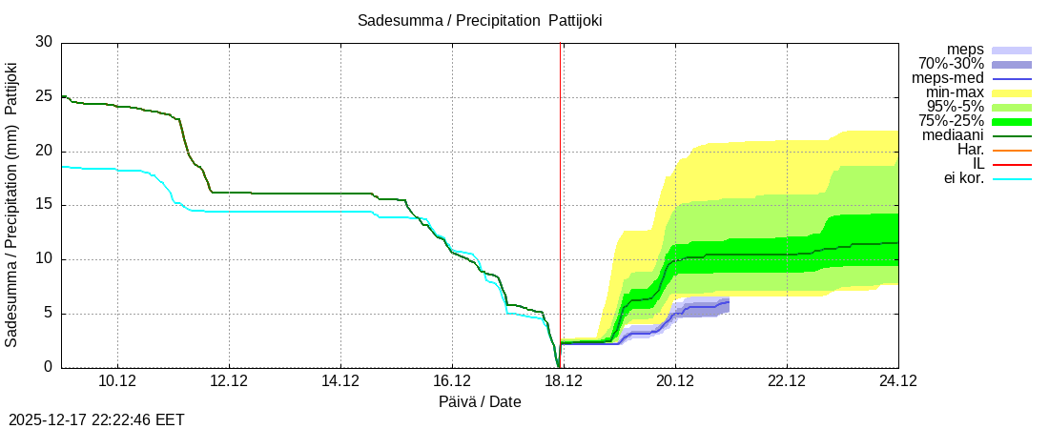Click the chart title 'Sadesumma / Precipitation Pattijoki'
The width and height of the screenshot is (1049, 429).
click(x=480, y=20)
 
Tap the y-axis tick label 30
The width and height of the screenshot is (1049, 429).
click(x=44, y=43)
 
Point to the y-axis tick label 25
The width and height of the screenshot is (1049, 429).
click(x=44, y=97)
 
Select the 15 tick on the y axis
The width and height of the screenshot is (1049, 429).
click(x=44, y=205)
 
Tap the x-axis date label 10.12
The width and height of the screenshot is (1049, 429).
click(x=117, y=381)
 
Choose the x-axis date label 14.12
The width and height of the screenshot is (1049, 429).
click(x=340, y=381)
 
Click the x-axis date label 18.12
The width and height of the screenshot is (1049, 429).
click(x=564, y=381)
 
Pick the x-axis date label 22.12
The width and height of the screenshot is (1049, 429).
click(x=787, y=381)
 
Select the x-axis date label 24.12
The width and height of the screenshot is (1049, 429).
click(x=897, y=381)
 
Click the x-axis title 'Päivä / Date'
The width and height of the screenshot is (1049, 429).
click(x=480, y=401)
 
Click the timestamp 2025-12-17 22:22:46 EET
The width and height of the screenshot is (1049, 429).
click(x=96, y=419)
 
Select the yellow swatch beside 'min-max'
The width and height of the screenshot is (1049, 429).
click(x=1012, y=92)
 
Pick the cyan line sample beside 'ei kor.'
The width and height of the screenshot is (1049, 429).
click(x=1012, y=178)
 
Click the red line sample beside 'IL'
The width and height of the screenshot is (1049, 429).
click(x=1012, y=164)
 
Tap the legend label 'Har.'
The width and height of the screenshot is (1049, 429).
click(x=970, y=150)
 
